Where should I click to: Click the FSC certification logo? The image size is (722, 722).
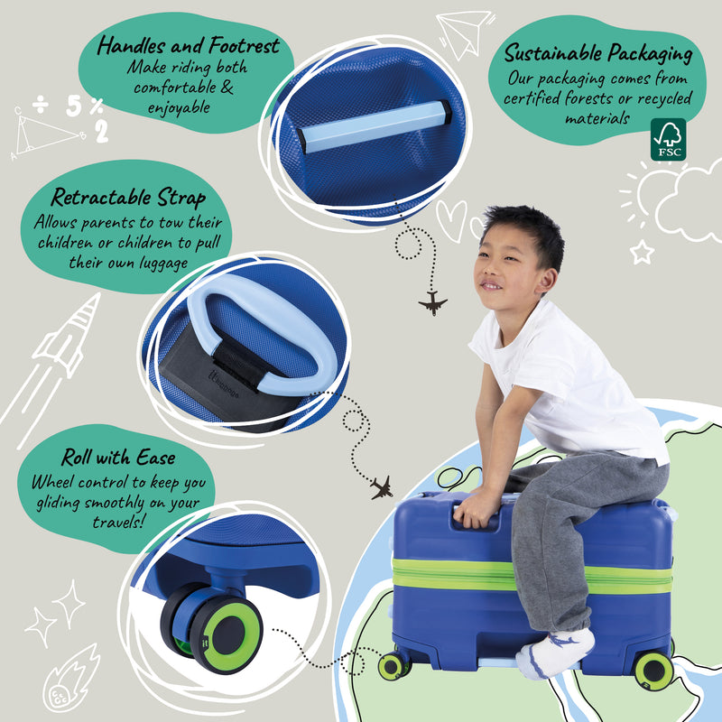[x=668, y=140]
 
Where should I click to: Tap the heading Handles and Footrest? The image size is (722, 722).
[x=189, y=45]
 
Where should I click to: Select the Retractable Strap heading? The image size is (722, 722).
[x=128, y=198]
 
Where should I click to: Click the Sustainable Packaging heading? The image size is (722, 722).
[x=598, y=53]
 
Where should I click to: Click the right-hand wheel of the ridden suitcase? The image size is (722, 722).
[x=653, y=670]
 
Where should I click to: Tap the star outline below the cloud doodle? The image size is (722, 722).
[x=642, y=252]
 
